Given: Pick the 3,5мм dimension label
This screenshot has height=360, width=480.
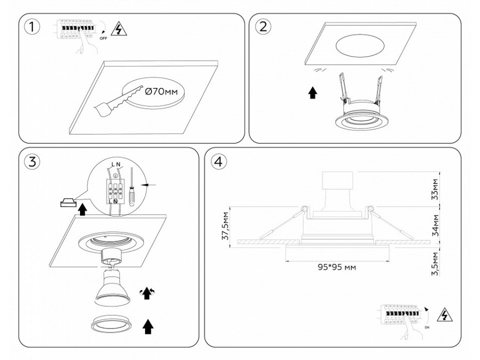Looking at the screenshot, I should [x=436, y=263].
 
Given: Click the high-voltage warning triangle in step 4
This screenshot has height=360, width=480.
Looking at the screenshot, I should [x=443, y=315].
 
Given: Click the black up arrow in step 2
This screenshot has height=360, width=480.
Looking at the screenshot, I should [x=313, y=94].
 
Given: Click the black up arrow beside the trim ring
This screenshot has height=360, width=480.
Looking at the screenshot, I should [x=149, y=325].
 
